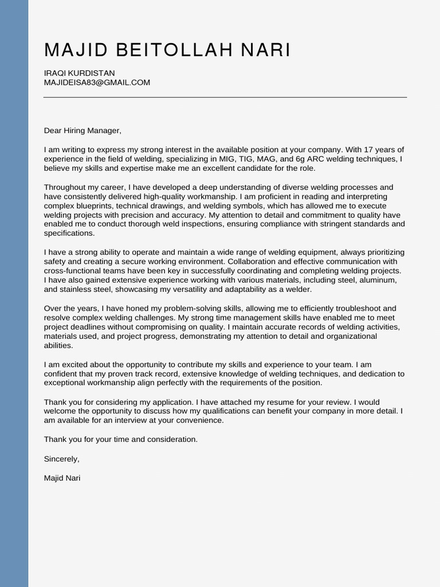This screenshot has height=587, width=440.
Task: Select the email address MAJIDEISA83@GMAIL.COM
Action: tap(97, 83)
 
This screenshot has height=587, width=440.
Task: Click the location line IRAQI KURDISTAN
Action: tap(79, 73)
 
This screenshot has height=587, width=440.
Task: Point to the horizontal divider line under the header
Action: tap(225, 97)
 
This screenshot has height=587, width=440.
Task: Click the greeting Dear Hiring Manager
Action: tap(82, 131)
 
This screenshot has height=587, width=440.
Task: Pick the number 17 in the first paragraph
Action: tap(353, 150)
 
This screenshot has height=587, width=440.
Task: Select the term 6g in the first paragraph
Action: tap(306, 159)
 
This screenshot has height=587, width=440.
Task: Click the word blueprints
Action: tap(95, 206)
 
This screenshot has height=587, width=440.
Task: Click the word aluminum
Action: tap(376, 280)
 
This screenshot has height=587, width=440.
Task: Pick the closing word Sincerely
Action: tap(61, 459)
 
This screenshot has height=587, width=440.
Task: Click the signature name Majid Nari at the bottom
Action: tap(62, 478)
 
